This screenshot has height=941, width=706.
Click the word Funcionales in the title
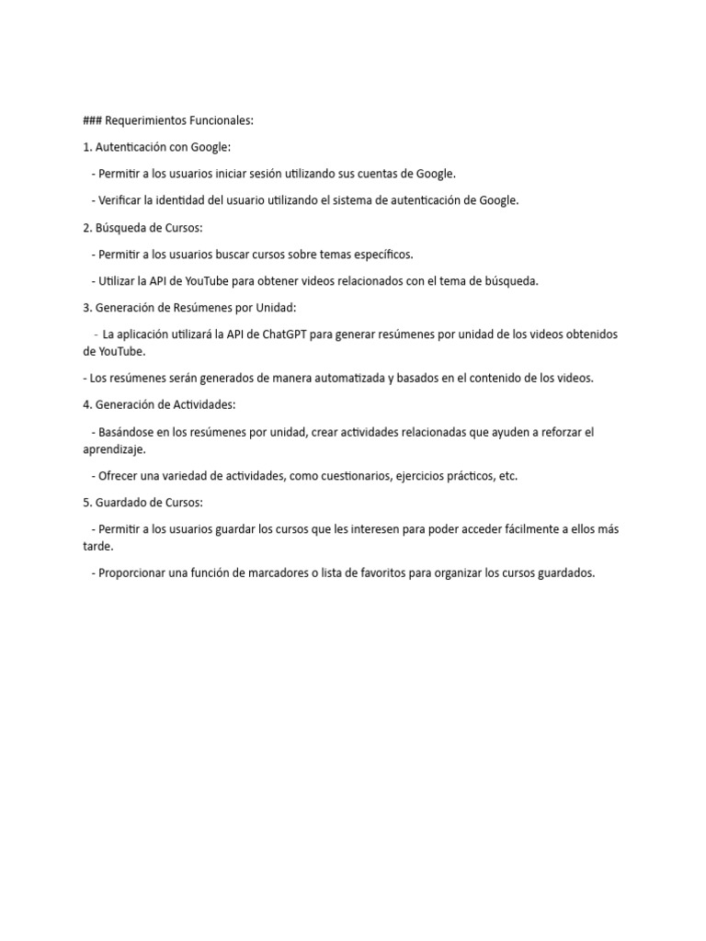click(x=221, y=120)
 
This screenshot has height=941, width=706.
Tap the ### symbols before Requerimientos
click(x=92, y=120)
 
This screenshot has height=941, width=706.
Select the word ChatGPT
click(x=285, y=334)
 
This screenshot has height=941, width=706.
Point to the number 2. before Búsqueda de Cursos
click(x=88, y=227)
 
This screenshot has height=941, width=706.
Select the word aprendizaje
click(x=115, y=450)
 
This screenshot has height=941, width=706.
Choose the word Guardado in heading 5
click(x=121, y=503)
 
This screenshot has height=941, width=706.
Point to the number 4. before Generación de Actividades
click(x=88, y=404)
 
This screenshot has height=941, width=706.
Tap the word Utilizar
click(x=120, y=281)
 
